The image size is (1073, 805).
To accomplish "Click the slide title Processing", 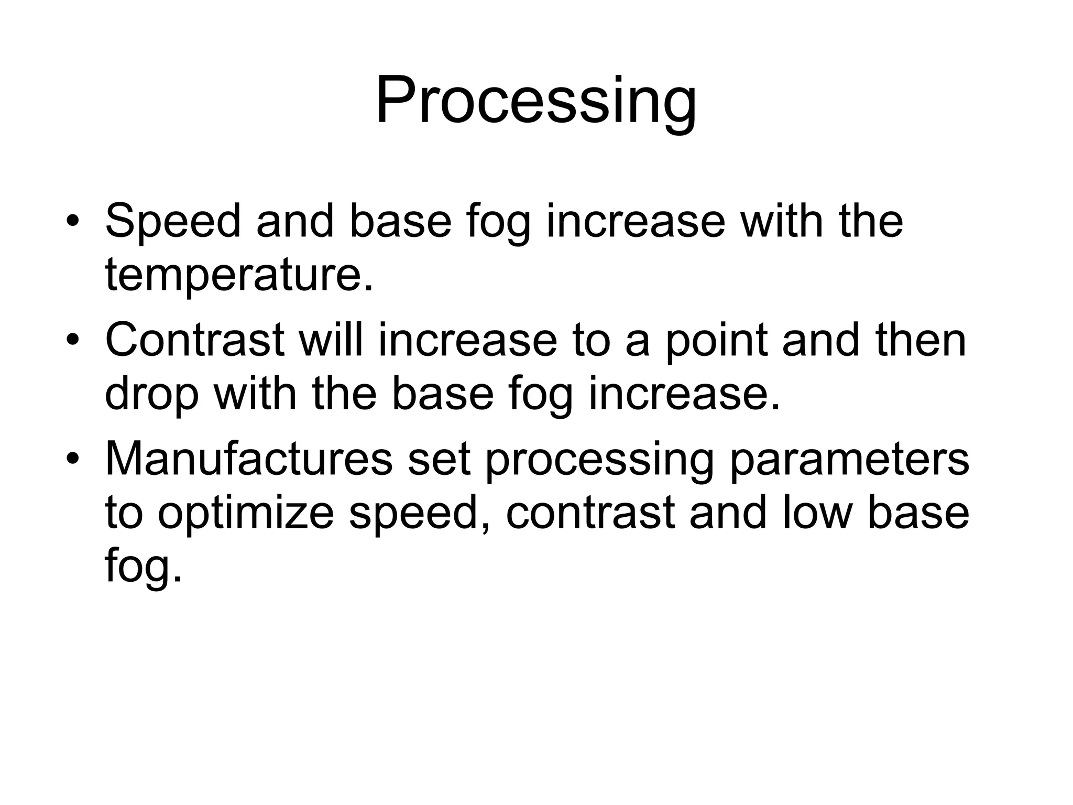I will (536, 101).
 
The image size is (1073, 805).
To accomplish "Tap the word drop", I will (152, 394).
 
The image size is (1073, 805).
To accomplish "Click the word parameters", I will (849, 459).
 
